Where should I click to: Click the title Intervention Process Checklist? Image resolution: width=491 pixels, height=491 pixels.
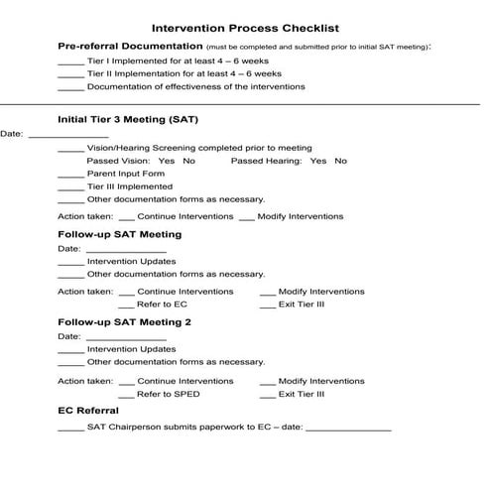(245, 28)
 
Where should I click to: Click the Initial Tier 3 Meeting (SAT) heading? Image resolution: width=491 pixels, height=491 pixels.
(128, 120)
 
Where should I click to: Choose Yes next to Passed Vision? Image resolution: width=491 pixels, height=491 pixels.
(166, 161)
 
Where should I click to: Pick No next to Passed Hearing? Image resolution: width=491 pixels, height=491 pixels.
(341, 161)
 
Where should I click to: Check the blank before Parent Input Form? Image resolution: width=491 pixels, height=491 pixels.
(70, 175)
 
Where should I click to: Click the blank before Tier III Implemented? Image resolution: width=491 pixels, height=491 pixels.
(70, 187)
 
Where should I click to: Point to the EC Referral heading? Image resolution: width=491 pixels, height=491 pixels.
(88, 411)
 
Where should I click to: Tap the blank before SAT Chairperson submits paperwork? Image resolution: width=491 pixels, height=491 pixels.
(70, 429)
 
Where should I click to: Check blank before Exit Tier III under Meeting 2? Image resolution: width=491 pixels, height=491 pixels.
(268, 395)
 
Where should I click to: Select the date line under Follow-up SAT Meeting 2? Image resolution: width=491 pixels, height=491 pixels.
(126, 338)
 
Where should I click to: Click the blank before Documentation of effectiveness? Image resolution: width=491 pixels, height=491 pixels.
(70, 87)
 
